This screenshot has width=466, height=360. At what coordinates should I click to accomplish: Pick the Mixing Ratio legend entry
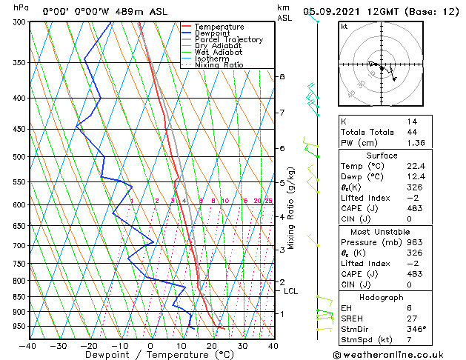tap(219, 65)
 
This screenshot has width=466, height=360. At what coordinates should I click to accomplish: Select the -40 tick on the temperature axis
tap(28, 346)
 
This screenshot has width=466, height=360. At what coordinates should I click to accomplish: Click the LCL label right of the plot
tap(291, 291)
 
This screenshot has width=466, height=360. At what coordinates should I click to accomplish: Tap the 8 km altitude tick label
tap(282, 77)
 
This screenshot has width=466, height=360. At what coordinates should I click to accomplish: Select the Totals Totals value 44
tap(411, 132)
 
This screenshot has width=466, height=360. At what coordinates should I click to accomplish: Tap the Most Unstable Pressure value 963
tap(413, 241)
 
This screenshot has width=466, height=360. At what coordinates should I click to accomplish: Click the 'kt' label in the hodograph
tap(344, 26)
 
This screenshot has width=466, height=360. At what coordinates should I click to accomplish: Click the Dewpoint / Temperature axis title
tap(150, 356)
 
